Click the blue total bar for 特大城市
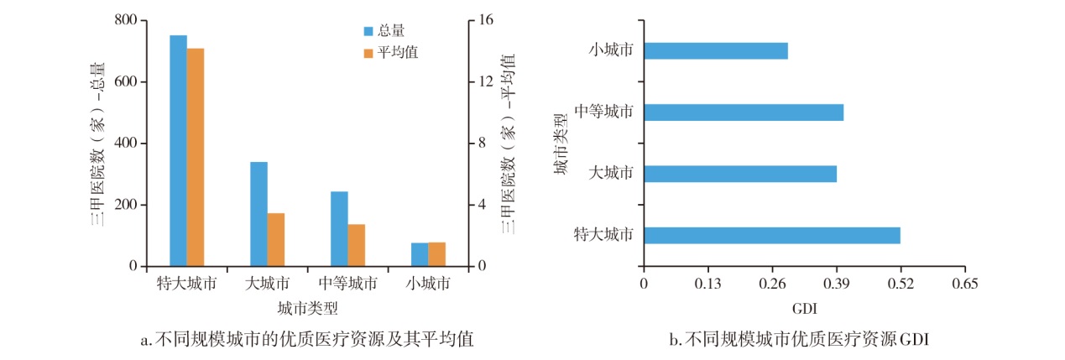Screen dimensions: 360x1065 (178, 151)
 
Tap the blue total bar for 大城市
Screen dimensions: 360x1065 (258, 214)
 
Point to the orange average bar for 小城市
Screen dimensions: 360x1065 (436, 254)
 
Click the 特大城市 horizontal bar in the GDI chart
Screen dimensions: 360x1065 (772, 235)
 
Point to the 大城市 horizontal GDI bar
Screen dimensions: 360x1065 (740, 174)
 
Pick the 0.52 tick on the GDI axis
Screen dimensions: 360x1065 (900, 284)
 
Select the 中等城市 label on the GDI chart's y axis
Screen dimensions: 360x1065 (603, 112)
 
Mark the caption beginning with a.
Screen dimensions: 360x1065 (306, 340)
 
